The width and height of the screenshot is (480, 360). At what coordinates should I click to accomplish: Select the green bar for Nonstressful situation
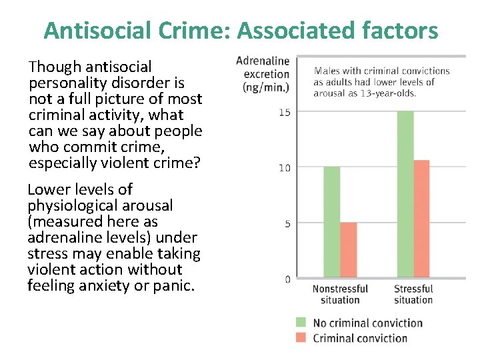331,222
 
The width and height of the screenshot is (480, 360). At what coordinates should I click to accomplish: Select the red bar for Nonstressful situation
348,250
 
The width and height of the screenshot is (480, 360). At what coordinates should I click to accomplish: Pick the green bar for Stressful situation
405,194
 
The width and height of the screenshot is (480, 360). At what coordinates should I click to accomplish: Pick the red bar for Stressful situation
421,219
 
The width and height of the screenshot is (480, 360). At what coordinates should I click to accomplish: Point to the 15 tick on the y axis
285,112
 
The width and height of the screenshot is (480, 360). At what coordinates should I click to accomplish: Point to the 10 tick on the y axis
285,167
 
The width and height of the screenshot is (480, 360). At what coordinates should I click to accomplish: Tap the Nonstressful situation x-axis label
340,294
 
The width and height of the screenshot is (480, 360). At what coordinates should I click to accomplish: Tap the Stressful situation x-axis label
413,294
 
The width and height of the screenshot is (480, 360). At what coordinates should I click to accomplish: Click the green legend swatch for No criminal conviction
301,323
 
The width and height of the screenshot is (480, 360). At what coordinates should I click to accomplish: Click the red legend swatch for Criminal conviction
301,338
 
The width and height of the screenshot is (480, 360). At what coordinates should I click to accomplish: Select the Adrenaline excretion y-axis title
263,74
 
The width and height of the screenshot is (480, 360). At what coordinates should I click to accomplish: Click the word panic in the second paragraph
176,285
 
